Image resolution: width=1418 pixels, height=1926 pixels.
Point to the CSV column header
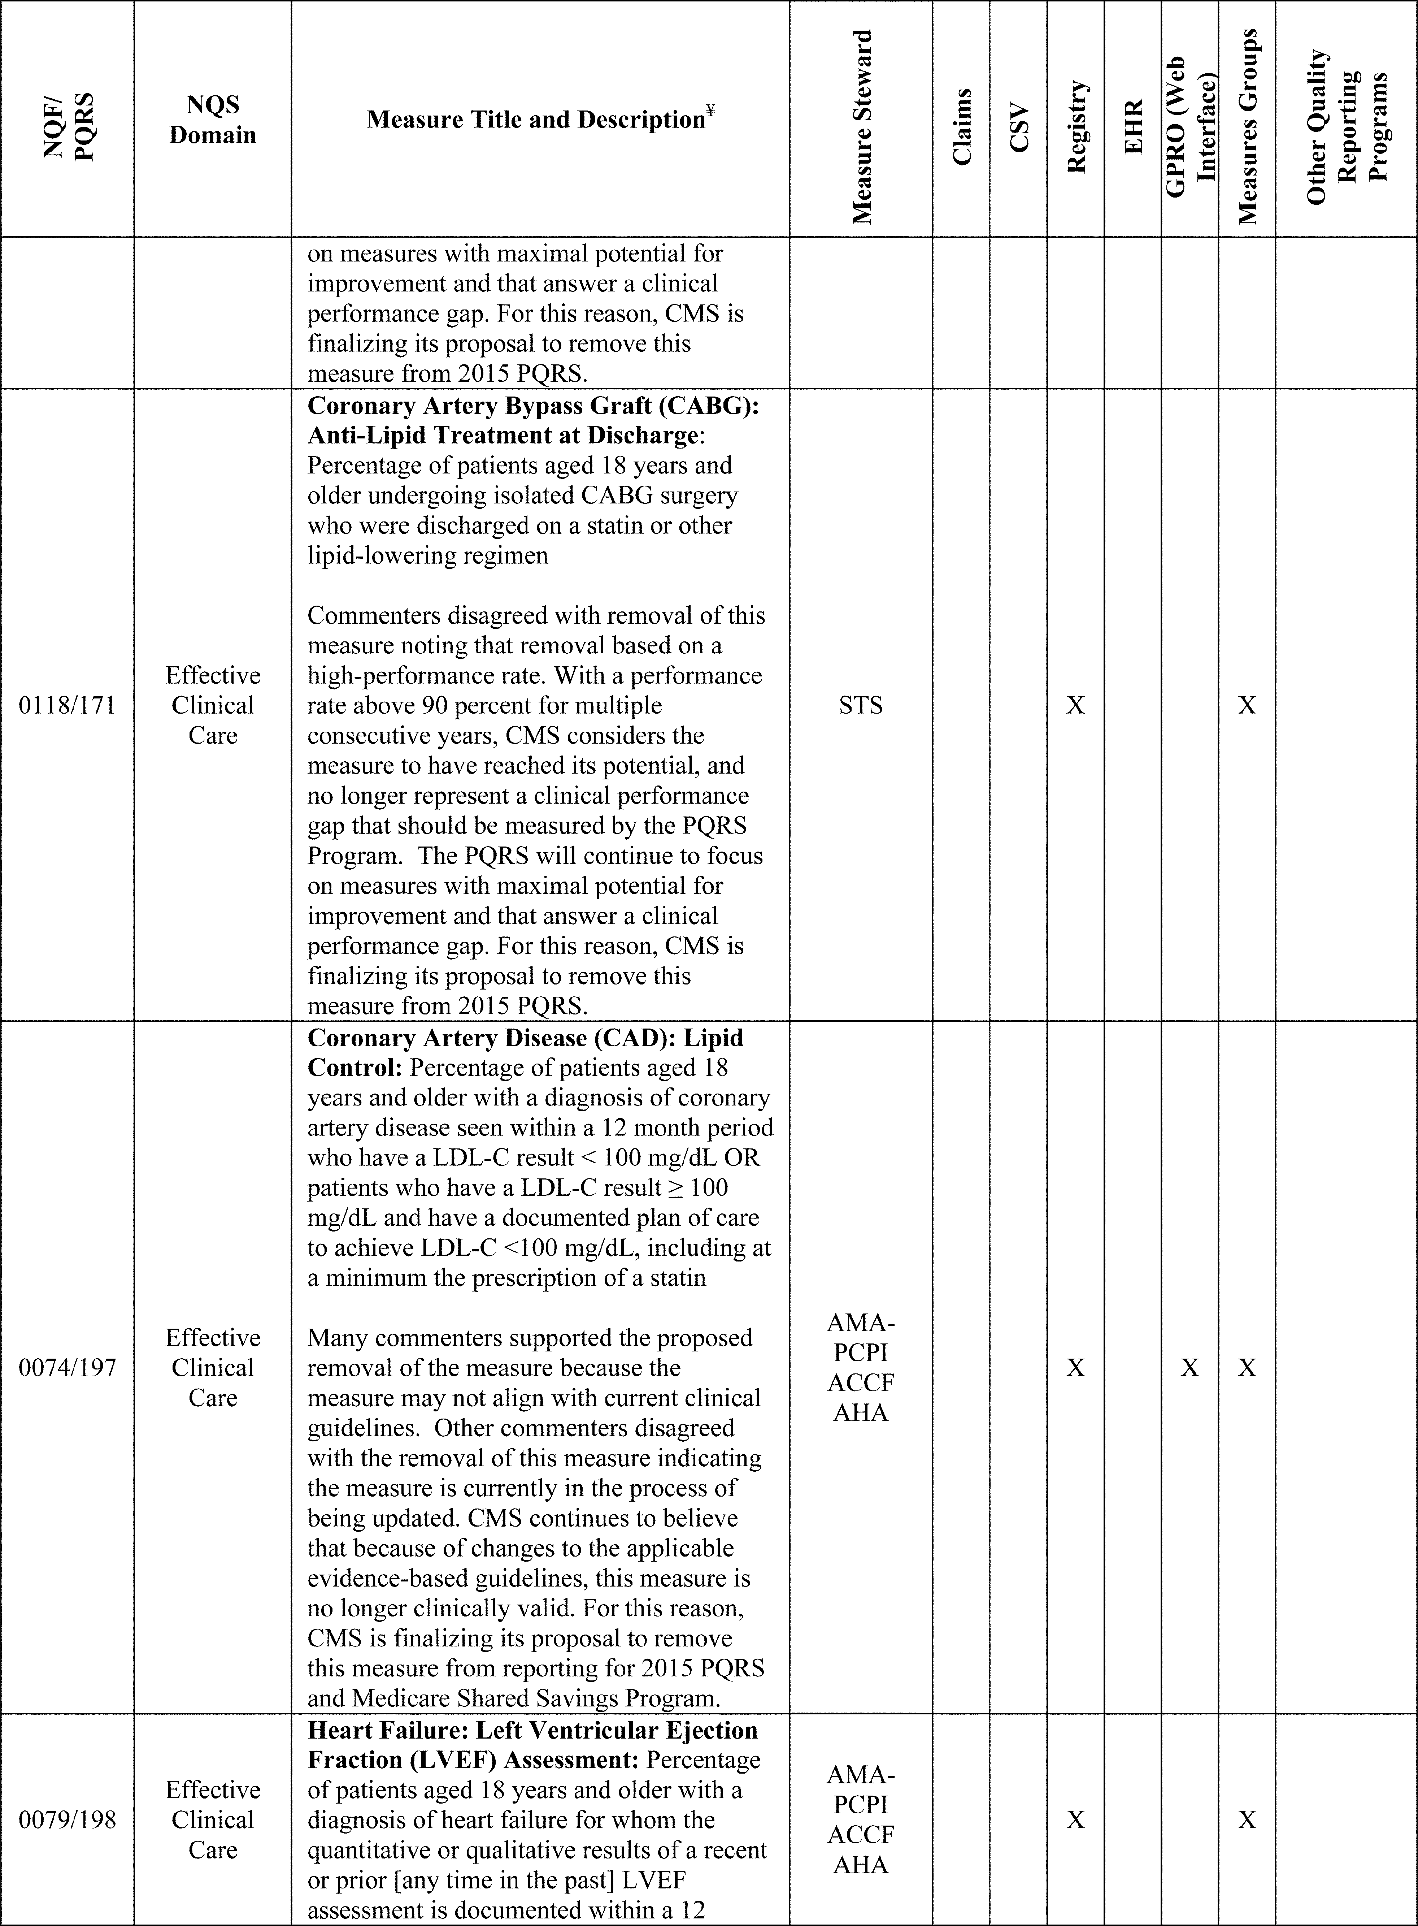(1019, 127)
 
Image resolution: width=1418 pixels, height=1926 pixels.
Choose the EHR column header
(1133, 127)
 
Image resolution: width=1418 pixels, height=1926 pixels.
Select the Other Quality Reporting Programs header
(1346, 127)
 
